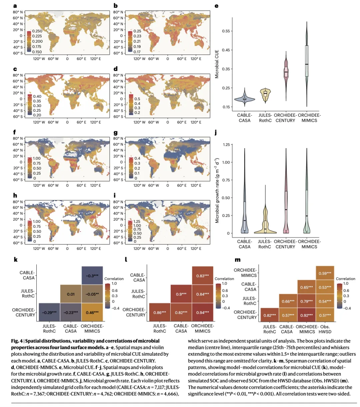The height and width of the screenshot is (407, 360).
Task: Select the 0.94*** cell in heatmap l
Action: [203, 313]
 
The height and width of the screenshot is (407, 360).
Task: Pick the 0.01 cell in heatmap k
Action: [71, 294]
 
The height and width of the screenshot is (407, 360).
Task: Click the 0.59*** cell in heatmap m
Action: [325, 273]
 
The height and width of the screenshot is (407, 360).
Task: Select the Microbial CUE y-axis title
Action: [217, 64]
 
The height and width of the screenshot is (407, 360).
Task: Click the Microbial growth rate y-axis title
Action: [217, 190]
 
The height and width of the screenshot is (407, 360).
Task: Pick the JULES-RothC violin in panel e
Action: [265, 93]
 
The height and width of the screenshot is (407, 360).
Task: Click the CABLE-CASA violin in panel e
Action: [245, 99]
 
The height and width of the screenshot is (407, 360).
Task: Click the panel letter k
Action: [16, 260]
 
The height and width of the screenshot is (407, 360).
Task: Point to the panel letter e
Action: [217, 6]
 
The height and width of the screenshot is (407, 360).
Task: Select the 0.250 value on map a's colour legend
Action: [37, 31]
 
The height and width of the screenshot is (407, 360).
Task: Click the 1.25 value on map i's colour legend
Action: [137, 222]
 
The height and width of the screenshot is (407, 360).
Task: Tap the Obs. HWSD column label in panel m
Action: [325, 329]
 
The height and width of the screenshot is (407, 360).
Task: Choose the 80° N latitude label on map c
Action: [18, 75]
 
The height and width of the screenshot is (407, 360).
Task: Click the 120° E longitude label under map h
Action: [95, 249]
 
